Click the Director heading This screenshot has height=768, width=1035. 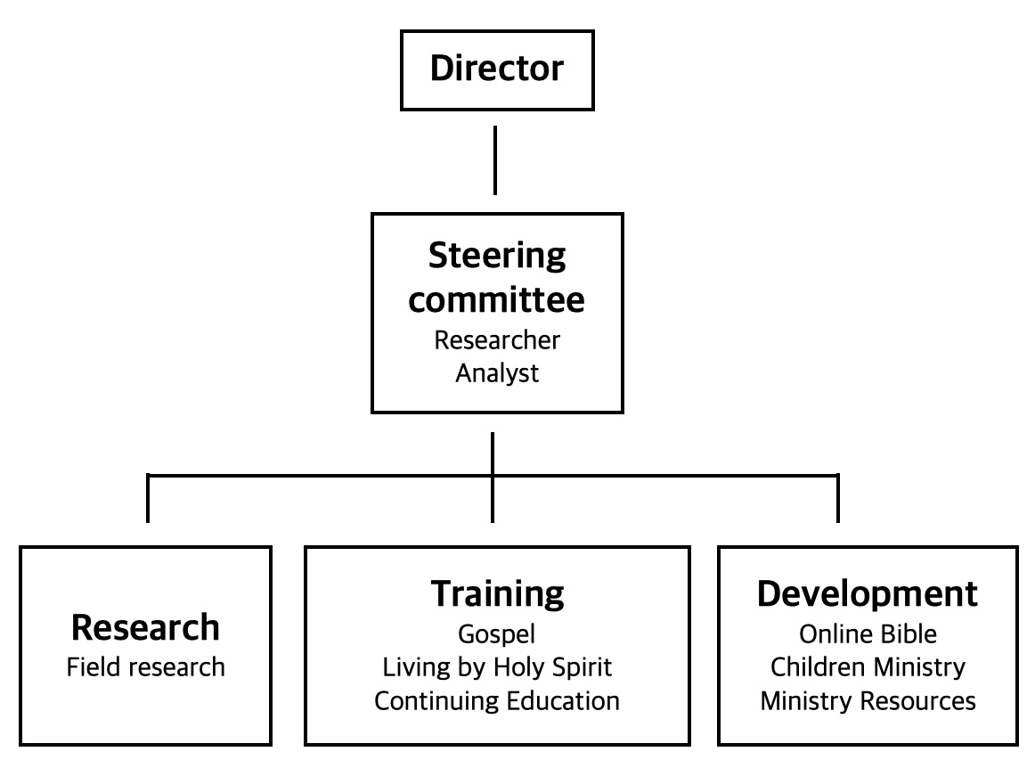point(496,69)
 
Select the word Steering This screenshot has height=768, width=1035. point(496,257)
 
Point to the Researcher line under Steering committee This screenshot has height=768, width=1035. point(496,339)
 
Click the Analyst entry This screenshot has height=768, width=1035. point(496,372)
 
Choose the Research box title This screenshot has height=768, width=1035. point(145,627)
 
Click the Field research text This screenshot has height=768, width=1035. point(145,666)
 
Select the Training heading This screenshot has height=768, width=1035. point(496,593)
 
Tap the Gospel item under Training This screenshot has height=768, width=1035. point(496,633)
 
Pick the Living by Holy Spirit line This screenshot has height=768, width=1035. point(496,666)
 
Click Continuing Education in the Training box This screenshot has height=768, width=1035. point(496,700)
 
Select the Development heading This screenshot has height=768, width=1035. point(867,593)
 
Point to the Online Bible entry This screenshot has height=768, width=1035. point(867,633)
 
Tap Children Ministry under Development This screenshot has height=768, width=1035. point(867,666)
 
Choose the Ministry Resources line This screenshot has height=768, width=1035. point(867,700)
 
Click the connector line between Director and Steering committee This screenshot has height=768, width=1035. point(494,160)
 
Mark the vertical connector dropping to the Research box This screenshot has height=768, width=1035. point(148,500)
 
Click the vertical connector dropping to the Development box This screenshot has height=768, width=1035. point(837,500)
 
